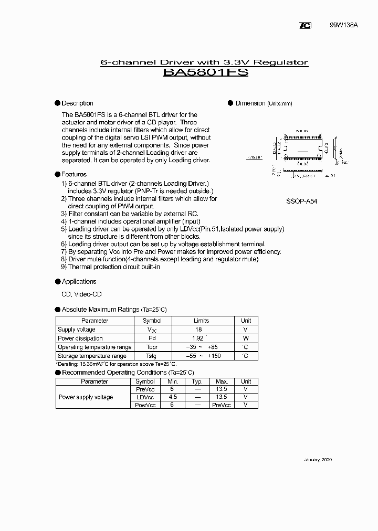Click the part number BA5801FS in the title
[x=205, y=73]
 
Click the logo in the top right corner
[x=305, y=25]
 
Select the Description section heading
[x=77, y=103]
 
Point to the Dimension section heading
[x=250, y=103]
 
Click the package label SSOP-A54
[x=301, y=201]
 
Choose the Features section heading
[x=74, y=174]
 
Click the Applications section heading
[x=79, y=282]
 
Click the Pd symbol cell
[x=152, y=338]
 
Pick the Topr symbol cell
[x=152, y=347]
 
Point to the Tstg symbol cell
[x=152, y=356]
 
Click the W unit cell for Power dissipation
[x=246, y=338]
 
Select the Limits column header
[x=201, y=321]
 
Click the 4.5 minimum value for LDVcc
[x=173, y=397]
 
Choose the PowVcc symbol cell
[x=145, y=405]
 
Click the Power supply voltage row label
[x=86, y=397]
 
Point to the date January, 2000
[x=317, y=460]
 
